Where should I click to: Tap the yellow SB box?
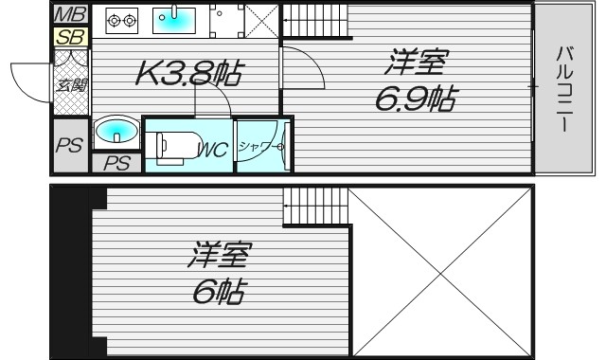tap(69, 37)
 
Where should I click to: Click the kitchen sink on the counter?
tap(173, 18)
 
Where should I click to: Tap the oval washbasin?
tap(115, 132)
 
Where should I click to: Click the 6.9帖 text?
tap(417, 98)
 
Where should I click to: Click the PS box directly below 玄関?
tap(67, 146)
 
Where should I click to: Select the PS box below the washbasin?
tap(116, 163)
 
